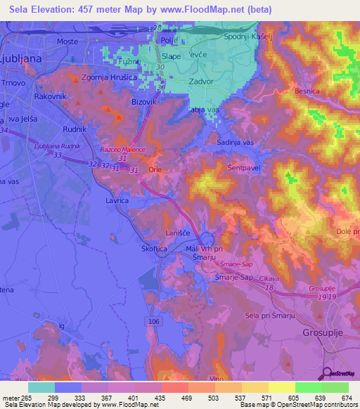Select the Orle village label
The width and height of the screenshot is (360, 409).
[156, 170]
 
